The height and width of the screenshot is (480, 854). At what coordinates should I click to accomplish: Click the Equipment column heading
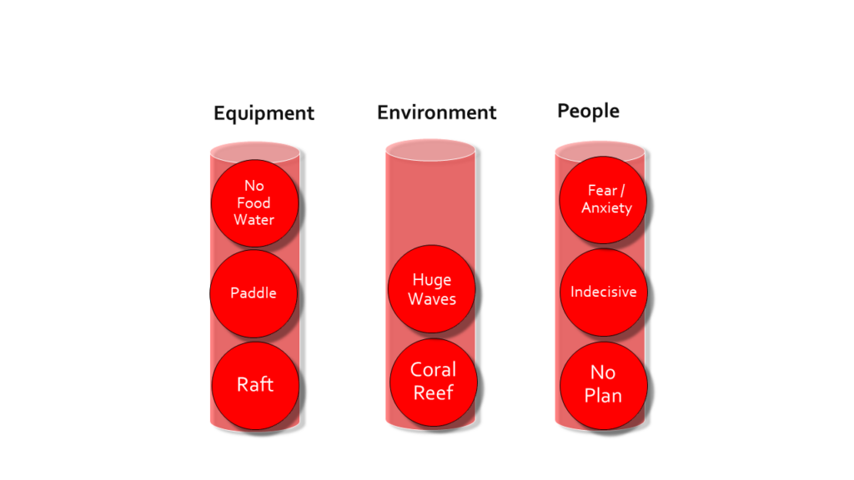point(264,113)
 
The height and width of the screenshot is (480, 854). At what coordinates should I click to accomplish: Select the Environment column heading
point(437,112)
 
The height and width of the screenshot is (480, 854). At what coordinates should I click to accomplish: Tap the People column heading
point(588,111)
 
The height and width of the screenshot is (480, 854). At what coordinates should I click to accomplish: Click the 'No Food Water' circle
point(254,203)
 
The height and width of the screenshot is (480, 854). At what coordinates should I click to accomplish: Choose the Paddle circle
point(254,293)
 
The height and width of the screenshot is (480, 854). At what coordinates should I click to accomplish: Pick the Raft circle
point(255,385)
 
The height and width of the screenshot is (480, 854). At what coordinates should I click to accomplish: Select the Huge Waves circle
point(431,289)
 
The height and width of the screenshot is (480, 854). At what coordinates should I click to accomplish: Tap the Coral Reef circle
point(434,382)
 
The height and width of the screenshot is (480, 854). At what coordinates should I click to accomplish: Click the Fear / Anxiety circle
point(603,200)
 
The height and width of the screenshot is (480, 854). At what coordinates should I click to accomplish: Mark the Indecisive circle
point(604,292)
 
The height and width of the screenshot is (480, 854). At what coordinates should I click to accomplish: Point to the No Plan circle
point(604,385)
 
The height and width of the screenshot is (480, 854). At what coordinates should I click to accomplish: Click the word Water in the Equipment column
point(254,220)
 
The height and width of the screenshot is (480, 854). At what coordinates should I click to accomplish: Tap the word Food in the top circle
point(254,203)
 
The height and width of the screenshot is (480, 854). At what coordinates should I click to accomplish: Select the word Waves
point(432,299)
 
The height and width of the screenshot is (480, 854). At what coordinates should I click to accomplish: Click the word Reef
point(434,393)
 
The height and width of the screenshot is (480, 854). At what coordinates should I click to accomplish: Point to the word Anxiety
point(607,207)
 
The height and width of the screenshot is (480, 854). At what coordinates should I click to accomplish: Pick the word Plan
point(603,396)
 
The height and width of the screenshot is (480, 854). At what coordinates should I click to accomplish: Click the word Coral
point(433,370)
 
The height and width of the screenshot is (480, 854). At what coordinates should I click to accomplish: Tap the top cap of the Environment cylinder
point(430,150)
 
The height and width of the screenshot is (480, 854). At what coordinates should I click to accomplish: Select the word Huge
point(432,280)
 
